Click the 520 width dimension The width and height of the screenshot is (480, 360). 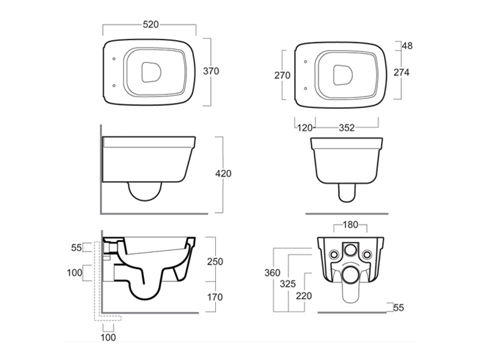(x=151, y=25)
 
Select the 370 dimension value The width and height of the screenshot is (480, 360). (x=211, y=71)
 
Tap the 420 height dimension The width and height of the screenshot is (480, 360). (x=223, y=173)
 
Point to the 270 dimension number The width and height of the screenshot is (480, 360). (x=282, y=75)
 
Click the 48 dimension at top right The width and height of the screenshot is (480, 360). (x=407, y=46)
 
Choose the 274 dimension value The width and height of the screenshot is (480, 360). (x=401, y=72)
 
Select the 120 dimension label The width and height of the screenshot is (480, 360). (x=305, y=127)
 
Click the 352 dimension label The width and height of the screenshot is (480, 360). (x=347, y=127)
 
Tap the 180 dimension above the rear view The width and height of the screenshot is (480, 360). (x=350, y=224)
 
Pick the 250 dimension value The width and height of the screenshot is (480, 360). (x=215, y=262)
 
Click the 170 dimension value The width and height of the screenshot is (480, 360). (x=215, y=297)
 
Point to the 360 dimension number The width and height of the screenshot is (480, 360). (x=272, y=272)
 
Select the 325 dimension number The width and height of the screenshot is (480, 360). (x=288, y=284)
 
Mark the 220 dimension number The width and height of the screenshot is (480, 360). (x=304, y=296)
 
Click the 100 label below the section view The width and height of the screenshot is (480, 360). (x=109, y=337)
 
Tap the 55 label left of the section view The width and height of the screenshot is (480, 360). (x=77, y=247)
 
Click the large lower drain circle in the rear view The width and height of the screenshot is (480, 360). (x=350, y=275)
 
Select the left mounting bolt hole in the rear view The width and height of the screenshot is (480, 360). (x=334, y=254)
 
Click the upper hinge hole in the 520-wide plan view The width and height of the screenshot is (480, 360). (x=114, y=59)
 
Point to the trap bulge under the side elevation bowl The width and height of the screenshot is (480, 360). (x=145, y=191)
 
